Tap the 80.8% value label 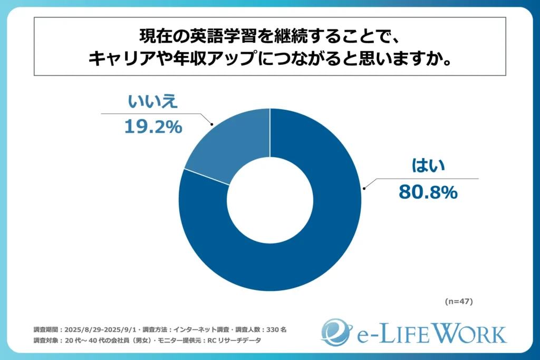[x=427, y=192]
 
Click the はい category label [x=428, y=166]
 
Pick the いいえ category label [x=153, y=102]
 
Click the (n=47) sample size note [x=458, y=302]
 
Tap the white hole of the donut [x=270, y=200]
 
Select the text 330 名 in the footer [x=276, y=329]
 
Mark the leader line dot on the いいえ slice [x=211, y=125]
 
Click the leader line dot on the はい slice [x=363, y=187]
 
